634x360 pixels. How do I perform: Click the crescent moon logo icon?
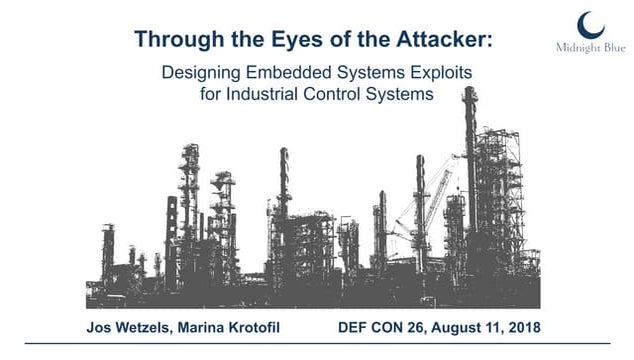point(590,24)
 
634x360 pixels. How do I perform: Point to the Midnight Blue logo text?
point(590,47)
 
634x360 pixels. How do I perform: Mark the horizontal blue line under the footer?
point(317,344)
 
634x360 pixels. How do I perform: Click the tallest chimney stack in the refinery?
point(469,150)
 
